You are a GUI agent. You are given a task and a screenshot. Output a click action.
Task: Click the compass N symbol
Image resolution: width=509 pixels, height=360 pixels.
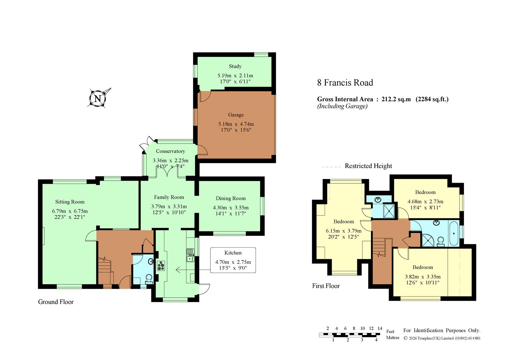(x=98, y=99)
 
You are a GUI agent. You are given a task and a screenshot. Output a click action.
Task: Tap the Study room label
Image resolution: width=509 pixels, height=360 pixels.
(x=235, y=66)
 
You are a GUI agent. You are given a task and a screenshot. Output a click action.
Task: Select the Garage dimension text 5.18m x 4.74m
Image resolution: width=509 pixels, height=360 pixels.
(x=236, y=124)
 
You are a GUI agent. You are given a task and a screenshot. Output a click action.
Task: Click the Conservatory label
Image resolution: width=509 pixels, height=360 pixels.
(x=170, y=151)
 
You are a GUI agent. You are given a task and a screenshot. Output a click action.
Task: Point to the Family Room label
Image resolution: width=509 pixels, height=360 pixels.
(x=169, y=197)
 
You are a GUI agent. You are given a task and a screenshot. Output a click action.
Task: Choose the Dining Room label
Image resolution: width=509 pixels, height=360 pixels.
(x=231, y=198)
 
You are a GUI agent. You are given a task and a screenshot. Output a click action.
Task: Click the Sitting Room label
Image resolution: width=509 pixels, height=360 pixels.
(x=70, y=202)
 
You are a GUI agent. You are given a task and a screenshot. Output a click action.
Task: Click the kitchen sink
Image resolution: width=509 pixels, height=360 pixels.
(x=190, y=255)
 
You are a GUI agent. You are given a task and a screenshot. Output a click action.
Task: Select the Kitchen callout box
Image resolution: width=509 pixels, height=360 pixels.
(x=233, y=260)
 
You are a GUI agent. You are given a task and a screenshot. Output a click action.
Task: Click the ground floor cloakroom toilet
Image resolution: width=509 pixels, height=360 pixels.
(x=149, y=279)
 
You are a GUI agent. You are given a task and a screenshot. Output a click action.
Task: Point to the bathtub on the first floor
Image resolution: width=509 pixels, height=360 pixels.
(x=454, y=233)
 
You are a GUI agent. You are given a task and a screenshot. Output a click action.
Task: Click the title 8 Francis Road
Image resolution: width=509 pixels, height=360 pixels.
(x=345, y=83)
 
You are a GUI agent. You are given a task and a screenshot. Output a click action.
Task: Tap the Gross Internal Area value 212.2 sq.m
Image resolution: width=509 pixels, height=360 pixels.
(x=396, y=99)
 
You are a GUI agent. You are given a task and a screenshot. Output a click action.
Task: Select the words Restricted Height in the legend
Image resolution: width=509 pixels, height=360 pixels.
(x=368, y=166)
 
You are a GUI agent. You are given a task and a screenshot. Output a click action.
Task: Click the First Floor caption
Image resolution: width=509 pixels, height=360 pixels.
(x=326, y=286)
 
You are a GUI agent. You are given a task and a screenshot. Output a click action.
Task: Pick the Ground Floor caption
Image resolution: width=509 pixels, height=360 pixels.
(x=56, y=302)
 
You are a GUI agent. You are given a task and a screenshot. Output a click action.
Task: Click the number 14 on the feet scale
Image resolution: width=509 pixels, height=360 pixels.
(x=380, y=328)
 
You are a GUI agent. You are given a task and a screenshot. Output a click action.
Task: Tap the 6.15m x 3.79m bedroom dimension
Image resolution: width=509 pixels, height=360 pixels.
(x=344, y=231)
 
